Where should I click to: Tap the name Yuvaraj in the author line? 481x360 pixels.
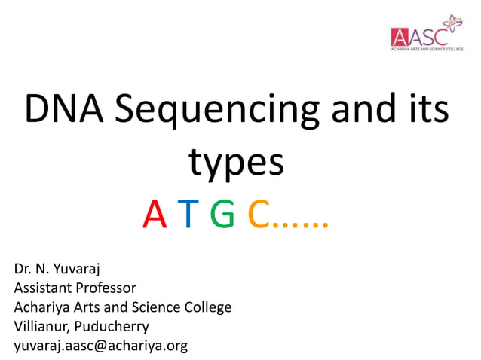click(75, 269)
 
